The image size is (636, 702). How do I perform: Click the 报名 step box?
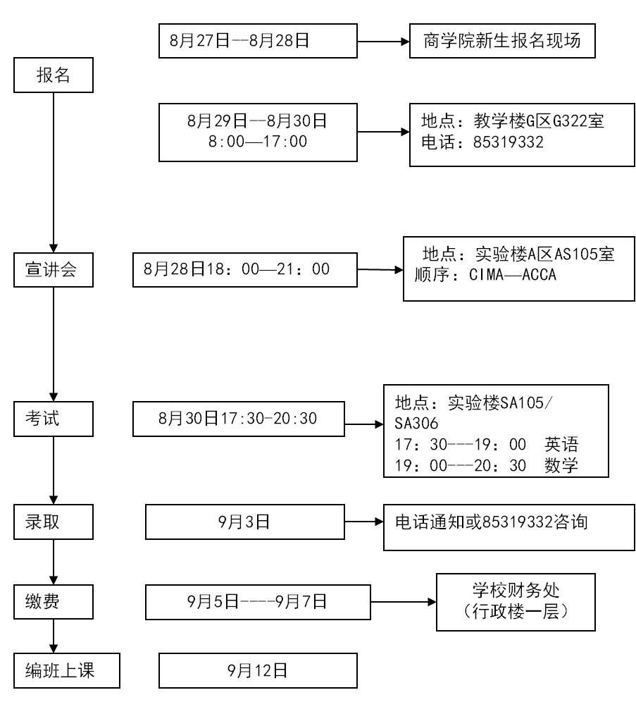coord(54,75)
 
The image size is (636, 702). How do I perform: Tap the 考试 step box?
coord(54,419)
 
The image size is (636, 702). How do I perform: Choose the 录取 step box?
coord(54,522)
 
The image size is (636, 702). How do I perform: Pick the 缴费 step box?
coord(54,601)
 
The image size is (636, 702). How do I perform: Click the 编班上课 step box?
coord(67,671)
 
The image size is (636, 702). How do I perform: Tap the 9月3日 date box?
coord(244,522)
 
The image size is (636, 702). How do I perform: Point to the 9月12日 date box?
coord(258,671)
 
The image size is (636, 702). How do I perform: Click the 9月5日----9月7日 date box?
coord(258,601)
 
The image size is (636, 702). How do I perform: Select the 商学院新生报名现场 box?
coord(503,41)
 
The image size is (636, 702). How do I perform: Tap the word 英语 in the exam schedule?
coord(561,445)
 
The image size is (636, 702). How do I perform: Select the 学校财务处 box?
coord(516,602)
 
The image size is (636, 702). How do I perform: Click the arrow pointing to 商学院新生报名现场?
coord(384,42)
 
